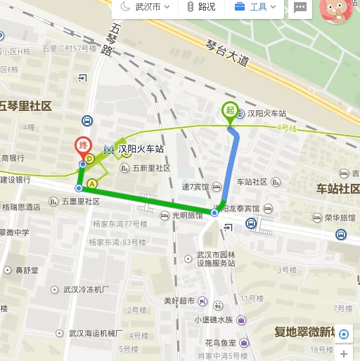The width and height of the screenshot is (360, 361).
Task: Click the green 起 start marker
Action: pyautogui.click(x=229, y=110)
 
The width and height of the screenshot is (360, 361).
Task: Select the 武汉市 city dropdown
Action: pyautogui.click(x=143, y=7)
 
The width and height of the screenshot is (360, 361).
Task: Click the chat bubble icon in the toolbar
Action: pyautogui.click(x=300, y=7)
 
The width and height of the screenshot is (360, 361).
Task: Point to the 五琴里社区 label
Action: pyautogui.click(x=25, y=106)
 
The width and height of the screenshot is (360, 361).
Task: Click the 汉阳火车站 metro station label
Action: pyautogui.click(x=141, y=149)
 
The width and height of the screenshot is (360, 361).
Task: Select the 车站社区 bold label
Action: pyautogui.click(x=337, y=188)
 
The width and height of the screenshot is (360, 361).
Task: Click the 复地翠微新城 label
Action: pyautogui.click(x=312, y=332)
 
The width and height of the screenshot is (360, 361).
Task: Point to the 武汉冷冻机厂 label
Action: pyautogui.click(x=86, y=289)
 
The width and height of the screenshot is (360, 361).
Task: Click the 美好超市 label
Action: pyautogui.click(x=177, y=301)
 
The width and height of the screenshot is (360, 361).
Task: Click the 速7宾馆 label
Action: pyautogui.click(x=195, y=187)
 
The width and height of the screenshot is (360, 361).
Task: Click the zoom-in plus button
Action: pyautogui.click(x=343, y=353)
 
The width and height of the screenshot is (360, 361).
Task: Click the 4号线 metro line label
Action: pyautogui.click(x=286, y=127)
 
